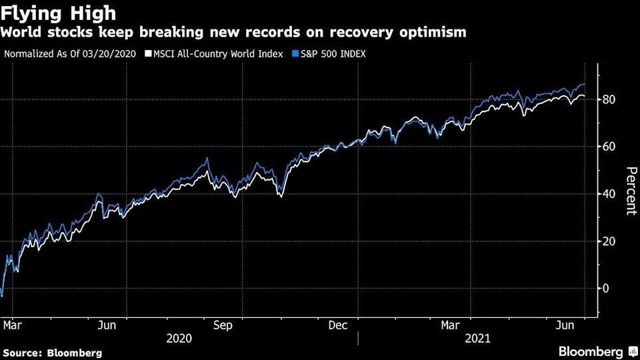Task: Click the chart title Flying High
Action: click(59, 13)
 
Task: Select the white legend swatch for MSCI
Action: click(148, 53)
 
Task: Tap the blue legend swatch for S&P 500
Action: click(294, 53)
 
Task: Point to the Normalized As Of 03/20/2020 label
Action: click(70, 53)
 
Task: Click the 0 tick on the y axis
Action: click(606, 289)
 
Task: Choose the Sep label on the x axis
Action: click(223, 325)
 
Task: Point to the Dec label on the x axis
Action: click(339, 325)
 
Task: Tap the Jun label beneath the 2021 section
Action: click(567, 325)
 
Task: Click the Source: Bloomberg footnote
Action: click(53, 353)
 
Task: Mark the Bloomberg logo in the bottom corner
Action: click(590, 351)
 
